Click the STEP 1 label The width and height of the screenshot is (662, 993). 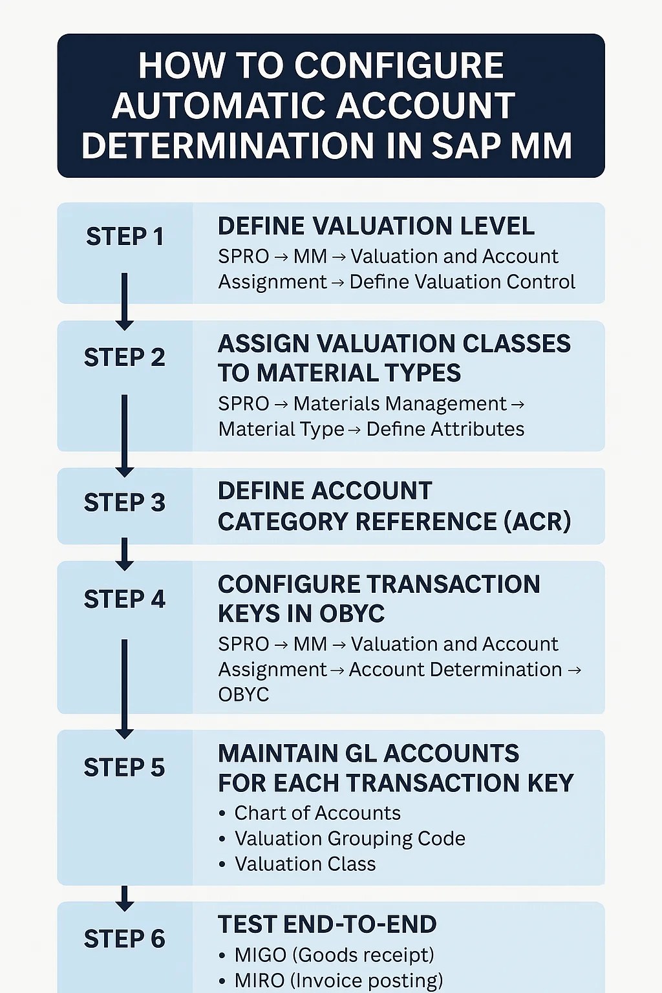[124, 237]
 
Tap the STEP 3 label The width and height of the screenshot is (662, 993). [124, 502]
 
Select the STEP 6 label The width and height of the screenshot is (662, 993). [124, 939]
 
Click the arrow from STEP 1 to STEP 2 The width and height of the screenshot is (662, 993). [124, 301]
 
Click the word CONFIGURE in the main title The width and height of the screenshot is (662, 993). [399, 66]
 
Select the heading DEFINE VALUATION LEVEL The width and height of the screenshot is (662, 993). [376, 226]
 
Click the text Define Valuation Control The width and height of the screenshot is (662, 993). [462, 282]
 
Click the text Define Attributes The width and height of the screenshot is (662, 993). [445, 429]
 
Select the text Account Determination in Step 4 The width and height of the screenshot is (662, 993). [455, 669]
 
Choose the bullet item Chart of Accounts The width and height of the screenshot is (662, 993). [317, 813]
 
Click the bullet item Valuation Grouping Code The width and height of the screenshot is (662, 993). [349, 838]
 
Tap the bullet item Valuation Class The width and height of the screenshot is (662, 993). [304, 864]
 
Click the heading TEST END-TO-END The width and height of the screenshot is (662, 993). [326, 924]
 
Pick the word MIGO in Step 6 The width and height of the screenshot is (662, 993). [260, 955]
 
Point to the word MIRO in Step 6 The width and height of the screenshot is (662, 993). [259, 980]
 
